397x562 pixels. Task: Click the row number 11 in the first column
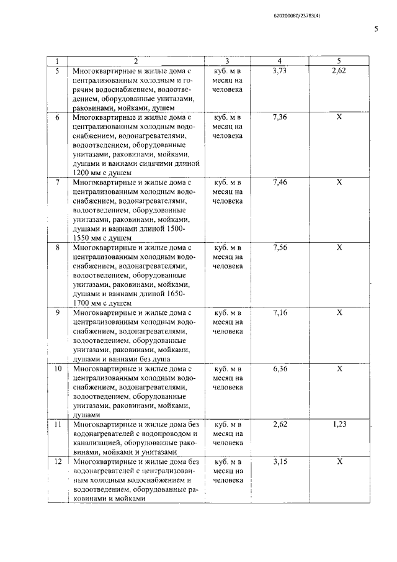[57, 424]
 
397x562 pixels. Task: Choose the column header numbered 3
[227, 61]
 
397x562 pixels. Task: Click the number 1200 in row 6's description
[82, 173]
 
